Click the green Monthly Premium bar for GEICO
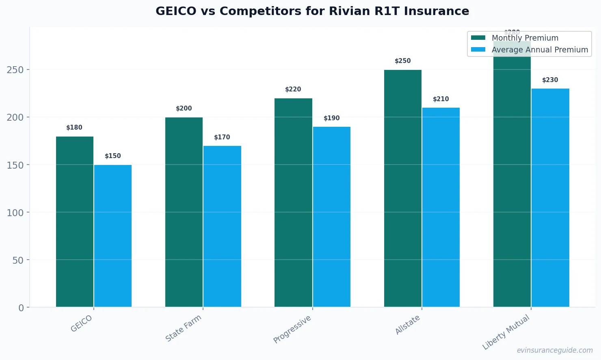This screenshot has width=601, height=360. tap(75, 221)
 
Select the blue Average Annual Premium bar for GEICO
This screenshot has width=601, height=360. tap(113, 236)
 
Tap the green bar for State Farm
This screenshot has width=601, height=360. tap(184, 212)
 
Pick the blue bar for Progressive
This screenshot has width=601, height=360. tap(331, 217)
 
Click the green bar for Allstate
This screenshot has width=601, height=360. tap(402, 188)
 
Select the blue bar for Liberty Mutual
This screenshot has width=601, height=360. tap(550, 197)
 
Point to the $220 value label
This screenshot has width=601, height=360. tap(293, 89)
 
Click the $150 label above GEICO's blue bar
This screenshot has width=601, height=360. tap(113, 156)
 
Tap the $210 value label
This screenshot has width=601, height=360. tap(441, 99)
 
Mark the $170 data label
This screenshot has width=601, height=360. tap(222, 137)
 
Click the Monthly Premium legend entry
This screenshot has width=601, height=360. tap(525, 38)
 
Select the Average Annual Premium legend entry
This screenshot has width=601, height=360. tap(539, 50)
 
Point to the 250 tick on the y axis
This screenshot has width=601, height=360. tap(15, 70)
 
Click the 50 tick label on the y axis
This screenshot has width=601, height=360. tap(18, 260)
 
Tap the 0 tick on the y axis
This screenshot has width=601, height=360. tap(21, 308)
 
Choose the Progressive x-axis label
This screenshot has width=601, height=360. tap(292, 329)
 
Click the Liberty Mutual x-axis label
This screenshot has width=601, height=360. tap(506, 332)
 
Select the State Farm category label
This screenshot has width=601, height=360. tap(183, 328)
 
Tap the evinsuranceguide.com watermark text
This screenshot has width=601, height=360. tap(554, 350)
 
